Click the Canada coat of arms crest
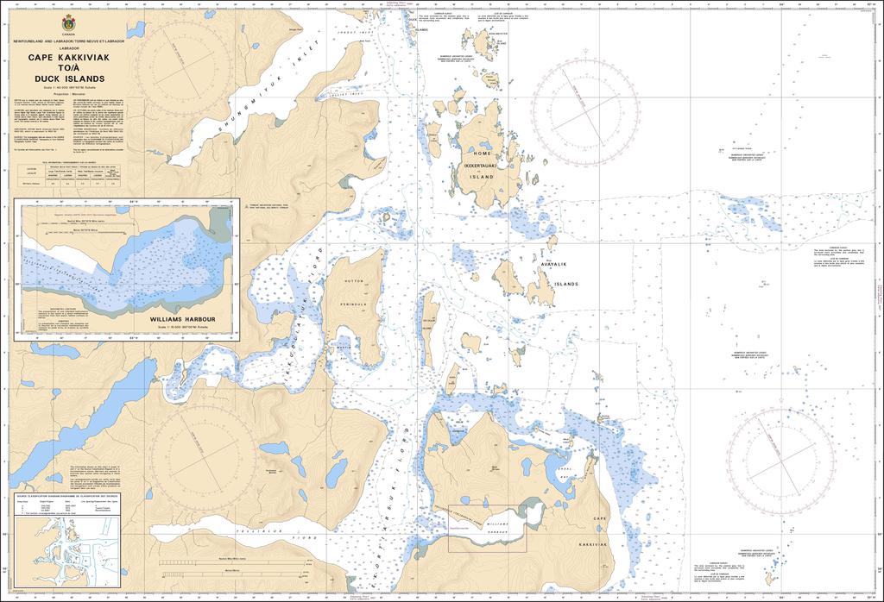pos(68,23)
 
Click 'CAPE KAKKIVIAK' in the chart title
pos(68,57)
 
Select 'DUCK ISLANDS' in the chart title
pos(68,79)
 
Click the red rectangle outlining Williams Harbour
pos(487,528)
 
